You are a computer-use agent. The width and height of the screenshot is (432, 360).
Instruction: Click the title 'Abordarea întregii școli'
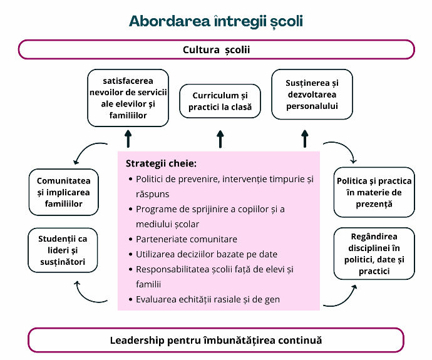coord(216,21)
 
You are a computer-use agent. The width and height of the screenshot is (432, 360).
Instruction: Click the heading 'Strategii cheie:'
coord(161,163)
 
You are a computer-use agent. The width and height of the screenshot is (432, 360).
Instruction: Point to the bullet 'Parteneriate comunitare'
coord(187,239)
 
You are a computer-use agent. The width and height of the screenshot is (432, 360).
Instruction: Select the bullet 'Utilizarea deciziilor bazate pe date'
coord(207,254)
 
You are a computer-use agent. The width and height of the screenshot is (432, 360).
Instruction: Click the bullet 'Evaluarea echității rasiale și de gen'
coord(208,299)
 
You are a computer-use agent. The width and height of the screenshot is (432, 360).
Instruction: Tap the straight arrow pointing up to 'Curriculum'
coord(220,139)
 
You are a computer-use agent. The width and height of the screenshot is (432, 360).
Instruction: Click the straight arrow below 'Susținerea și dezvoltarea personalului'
coord(305,139)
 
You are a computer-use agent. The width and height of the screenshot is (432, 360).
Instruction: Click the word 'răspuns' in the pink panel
coord(152,194)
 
